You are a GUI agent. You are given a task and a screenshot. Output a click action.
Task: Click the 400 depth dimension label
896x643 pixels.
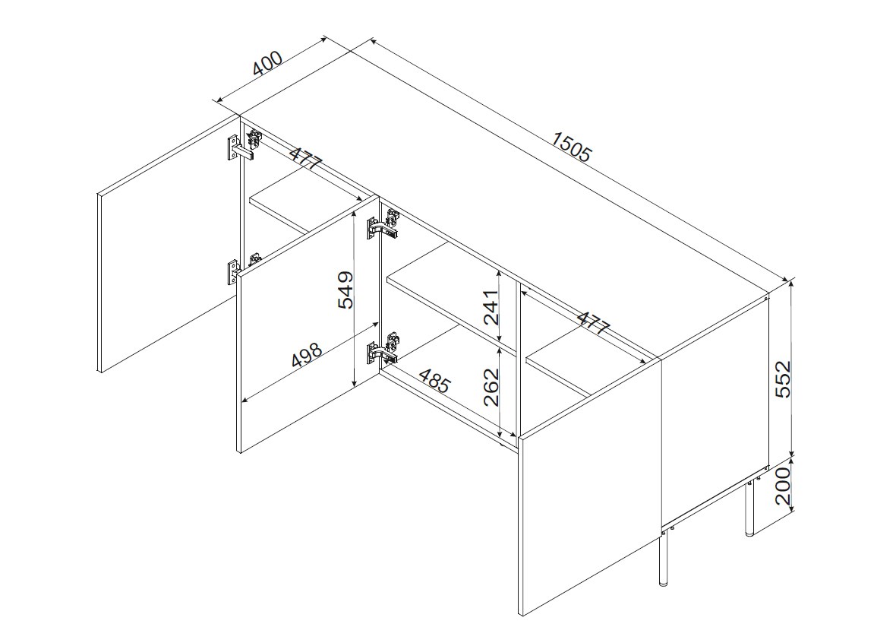click(x=267, y=64)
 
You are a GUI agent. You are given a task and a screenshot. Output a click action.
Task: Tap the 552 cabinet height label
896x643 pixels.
click(x=783, y=379)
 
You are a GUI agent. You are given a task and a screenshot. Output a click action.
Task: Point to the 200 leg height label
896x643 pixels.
click(x=783, y=485)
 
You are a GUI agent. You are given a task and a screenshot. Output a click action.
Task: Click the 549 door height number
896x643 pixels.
click(x=345, y=290)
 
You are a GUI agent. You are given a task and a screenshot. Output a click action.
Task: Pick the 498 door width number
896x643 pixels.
click(x=308, y=355)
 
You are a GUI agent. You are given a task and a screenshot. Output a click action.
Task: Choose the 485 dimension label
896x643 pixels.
click(x=435, y=381)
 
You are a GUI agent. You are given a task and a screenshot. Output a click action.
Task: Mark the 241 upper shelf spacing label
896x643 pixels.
click(x=491, y=306)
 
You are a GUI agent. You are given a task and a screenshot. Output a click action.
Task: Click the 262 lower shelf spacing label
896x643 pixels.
click(x=491, y=387)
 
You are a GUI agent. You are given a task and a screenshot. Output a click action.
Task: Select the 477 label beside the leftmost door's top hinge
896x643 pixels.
click(x=306, y=158)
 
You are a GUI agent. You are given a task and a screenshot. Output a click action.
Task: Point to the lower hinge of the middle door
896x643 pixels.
click(x=383, y=350)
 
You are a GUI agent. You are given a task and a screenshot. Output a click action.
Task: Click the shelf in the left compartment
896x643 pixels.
click(x=307, y=206)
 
